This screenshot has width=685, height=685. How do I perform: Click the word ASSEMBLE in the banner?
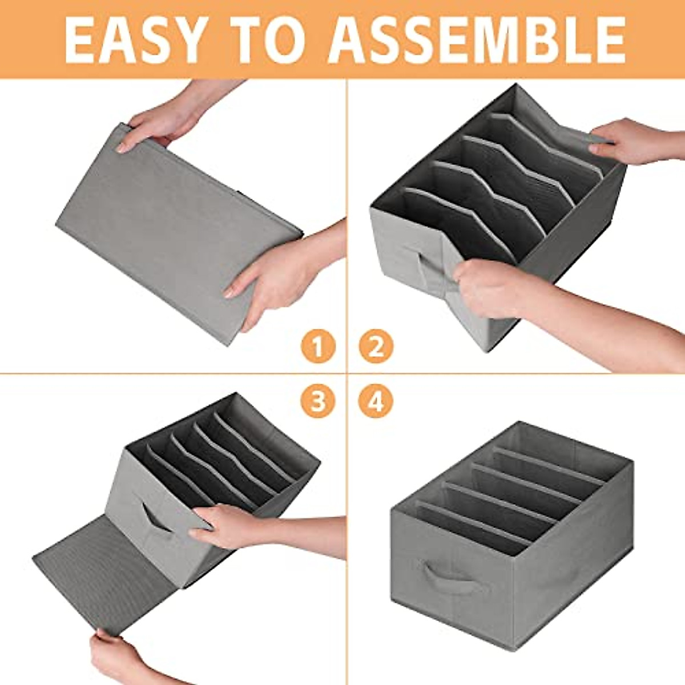477,40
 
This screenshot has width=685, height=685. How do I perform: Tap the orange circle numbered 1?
318,346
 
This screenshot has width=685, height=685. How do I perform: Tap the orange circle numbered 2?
376,346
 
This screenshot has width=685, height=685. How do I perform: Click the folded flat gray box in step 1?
177,228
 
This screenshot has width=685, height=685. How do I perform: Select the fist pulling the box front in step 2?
485,285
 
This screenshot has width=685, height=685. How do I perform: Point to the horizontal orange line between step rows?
171,373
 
